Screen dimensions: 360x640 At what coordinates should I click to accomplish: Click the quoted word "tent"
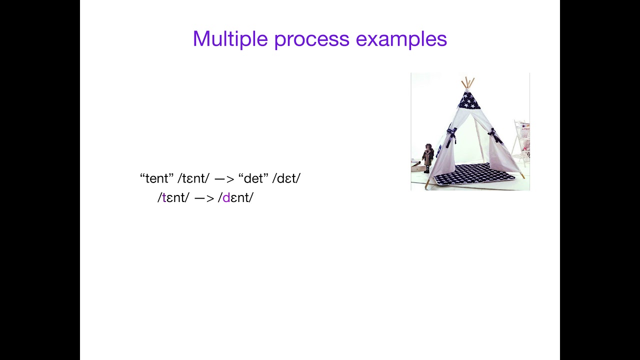pyautogui.click(x=156, y=178)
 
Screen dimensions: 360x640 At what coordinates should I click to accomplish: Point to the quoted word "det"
pyautogui.click(x=253, y=178)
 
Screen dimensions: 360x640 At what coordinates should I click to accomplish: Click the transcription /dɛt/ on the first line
pyautogui.click(x=286, y=178)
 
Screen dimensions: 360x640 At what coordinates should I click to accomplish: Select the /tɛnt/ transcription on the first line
pyautogui.click(x=193, y=178)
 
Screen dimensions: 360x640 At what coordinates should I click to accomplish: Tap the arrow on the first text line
pyautogui.click(x=224, y=179)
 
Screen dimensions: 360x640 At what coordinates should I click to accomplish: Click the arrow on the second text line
pyautogui.click(x=203, y=198)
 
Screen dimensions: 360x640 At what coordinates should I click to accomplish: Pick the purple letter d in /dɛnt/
pyautogui.click(x=226, y=198)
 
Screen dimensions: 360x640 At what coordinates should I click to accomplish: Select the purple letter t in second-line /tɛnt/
pyautogui.click(x=164, y=198)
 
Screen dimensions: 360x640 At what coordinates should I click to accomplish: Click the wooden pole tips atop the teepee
pyautogui.click(x=467, y=82)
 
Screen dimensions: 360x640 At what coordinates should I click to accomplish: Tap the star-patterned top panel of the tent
pyautogui.click(x=469, y=101)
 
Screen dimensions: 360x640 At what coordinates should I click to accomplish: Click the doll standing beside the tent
pyautogui.click(x=427, y=157)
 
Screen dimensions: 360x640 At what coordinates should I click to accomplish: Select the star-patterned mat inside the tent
pyautogui.click(x=472, y=173)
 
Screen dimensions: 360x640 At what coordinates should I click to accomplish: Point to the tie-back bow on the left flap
pyautogui.click(x=451, y=134)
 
